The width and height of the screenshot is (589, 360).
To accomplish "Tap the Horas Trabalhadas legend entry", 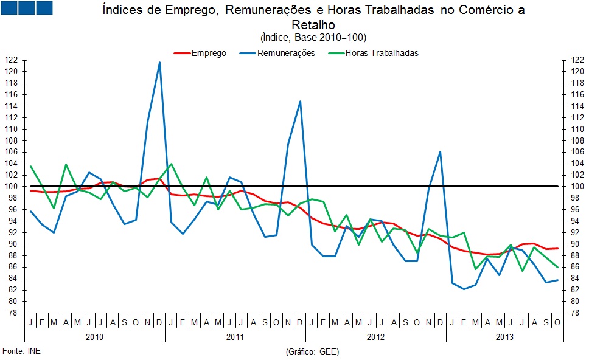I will click(x=382, y=53).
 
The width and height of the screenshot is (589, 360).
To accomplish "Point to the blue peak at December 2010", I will click(x=159, y=62).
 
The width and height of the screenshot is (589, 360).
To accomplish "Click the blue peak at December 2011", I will click(x=300, y=102).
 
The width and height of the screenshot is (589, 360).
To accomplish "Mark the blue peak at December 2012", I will click(x=440, y=151).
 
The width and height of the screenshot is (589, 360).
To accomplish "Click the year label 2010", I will click(x=94, y=336).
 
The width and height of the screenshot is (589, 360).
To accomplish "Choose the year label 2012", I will click(x=375, y=336).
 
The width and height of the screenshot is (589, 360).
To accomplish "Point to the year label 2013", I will click(x=504, y=336).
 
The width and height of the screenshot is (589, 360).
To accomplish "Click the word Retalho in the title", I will click(x=313, y=25).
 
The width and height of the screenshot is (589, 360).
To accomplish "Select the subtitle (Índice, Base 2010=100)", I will click(x=313, y=37).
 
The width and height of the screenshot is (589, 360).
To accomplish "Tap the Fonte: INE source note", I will click(x=22, y=351).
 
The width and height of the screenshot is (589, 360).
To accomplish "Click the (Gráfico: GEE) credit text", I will click(x=312, y=351).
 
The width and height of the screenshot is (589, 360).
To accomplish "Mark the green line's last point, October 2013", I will click(x=557, y=267).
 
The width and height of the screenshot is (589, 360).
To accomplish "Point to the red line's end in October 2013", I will click(x=557, y=248).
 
